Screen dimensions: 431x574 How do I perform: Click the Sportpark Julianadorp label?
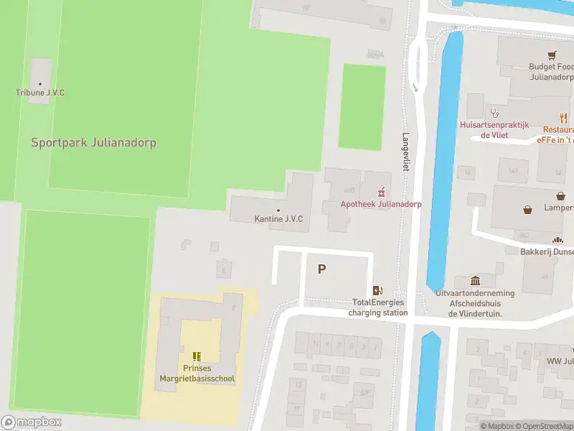(x=93, y=142)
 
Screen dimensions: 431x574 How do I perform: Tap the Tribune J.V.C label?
(x=40, y=93)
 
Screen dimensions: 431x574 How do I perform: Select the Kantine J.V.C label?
(x=278, y=218)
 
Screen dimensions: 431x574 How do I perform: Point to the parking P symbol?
(x=322, y=269)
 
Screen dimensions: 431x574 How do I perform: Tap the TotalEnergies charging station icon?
(x=377, y=290)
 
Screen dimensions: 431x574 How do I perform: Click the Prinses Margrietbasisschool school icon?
(x=197, y=356)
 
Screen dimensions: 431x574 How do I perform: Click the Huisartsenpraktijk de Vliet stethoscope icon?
(x=494, y=112)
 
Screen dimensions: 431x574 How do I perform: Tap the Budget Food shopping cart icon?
(x=552, y=55)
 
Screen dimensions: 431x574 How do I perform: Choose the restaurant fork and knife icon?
(x=563, y=119)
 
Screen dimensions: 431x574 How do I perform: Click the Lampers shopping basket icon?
(x=529, y=210)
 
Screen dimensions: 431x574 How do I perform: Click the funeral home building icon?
(x=475, y=281)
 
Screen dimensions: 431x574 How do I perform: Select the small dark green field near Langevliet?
(x=361, y=106)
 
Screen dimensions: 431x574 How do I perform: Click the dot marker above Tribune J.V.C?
(x=40, y=83)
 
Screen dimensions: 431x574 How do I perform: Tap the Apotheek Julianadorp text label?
(x=380, y=204)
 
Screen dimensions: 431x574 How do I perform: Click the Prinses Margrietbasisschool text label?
(x=197, y=374)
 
